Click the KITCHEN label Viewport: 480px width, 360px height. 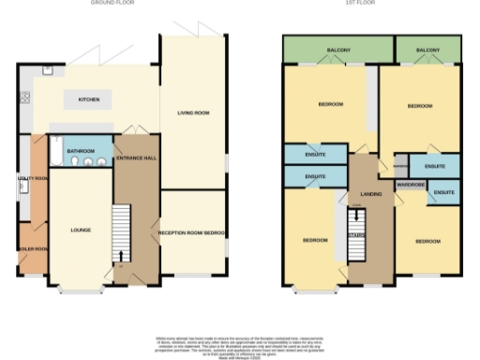88,99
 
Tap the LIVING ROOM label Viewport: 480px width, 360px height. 192,113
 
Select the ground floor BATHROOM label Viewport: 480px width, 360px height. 80,150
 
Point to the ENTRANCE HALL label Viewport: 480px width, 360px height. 136,158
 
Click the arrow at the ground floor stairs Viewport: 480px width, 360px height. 121,254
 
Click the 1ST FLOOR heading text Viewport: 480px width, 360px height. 371,4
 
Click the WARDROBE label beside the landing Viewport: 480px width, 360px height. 411,185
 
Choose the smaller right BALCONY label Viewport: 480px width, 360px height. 427,49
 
